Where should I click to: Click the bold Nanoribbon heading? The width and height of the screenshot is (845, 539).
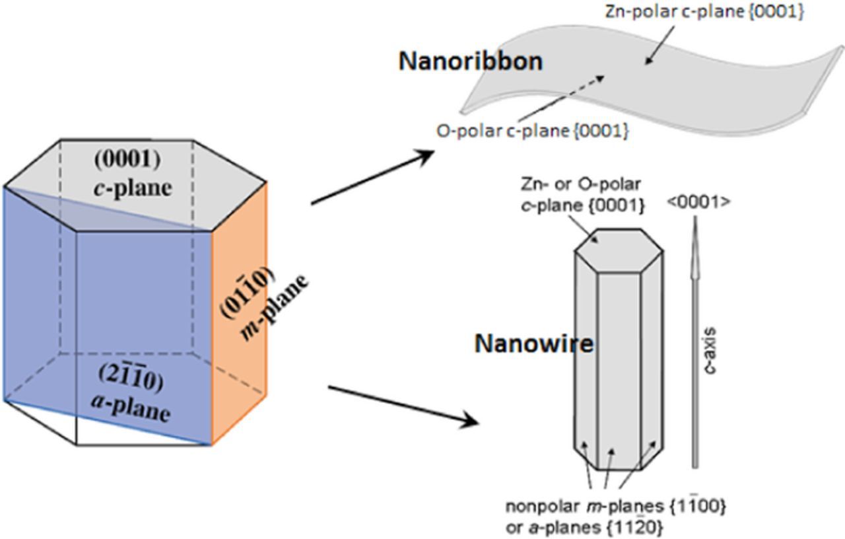pos(470,61)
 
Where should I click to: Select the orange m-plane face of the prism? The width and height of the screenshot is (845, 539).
pos(238,310)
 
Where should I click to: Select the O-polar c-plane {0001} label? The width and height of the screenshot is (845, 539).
pos(532,131)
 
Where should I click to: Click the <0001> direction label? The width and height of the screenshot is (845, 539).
pos(697,202)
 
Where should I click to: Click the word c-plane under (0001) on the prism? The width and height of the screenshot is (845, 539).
pos(132,188)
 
